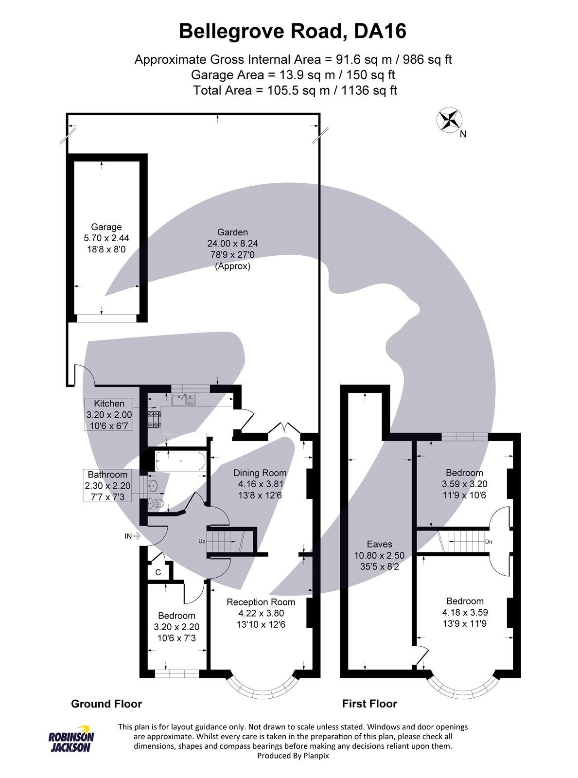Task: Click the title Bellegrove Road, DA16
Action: [x=292, y=32]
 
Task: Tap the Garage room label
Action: [x=106, y=227]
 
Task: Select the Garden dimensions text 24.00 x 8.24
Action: [x=233, y=244]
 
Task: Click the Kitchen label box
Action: [x=109, y=414]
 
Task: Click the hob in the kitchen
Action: [x=154, y=420]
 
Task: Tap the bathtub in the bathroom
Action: [x=180, y=460]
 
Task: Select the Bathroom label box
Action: [x=107, y=485]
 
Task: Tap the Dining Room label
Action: [x=260, y=473]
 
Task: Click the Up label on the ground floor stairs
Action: [x=202, y=541]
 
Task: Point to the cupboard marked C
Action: [x=158, y=573]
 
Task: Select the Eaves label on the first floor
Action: [x=379, y=544]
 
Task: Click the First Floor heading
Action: [x=369, y=704]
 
